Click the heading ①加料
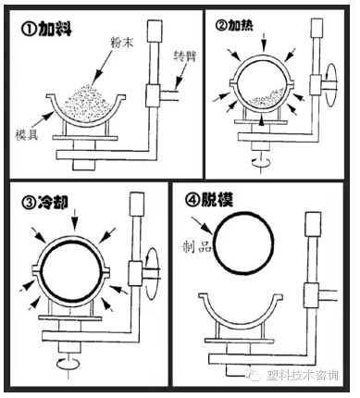coord(46,30)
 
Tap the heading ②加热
coord(234,26)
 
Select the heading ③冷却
coord(44,203)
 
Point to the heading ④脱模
coord(209,200)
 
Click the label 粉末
coord(122,43)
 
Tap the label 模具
coord(27,134)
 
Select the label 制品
coord(197,247)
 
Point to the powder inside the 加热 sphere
coord(266,99)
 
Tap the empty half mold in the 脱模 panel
coord(241,321)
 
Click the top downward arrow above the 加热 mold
coord(264,43)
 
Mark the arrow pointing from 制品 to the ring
coord(203,226)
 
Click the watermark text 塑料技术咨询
coord(303,375)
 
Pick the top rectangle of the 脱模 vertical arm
coord(312,224)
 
